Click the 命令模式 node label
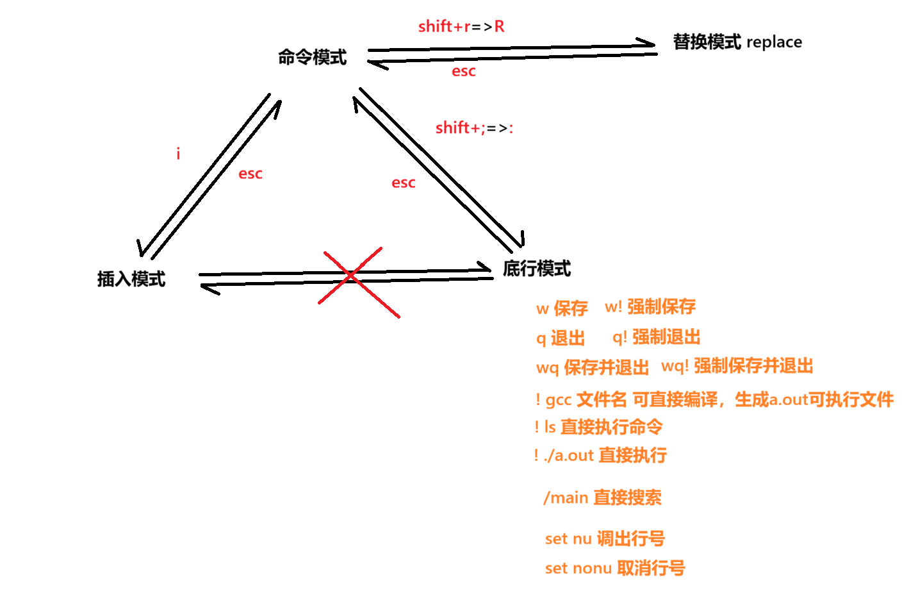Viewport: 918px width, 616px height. coord(312,57)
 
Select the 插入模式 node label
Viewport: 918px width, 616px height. coord(131,279)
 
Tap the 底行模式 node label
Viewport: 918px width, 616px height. coord(536,269)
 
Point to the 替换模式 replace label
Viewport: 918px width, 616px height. coord(737,42)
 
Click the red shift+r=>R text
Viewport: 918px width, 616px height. coord(461,26)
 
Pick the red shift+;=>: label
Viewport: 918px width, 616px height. coord(474,128)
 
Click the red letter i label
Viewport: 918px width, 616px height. coord(178,154)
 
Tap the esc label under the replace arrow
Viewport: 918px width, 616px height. coord(463,71)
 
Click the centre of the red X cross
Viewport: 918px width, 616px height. coord(351,276)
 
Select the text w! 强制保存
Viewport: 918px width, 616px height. coord(650,306)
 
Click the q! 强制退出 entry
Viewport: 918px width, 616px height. coord(656,337)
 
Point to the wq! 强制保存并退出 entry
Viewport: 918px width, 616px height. coord(737,366)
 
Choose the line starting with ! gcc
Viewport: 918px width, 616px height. coord(714,399)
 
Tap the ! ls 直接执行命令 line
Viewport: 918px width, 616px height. coord(598,426)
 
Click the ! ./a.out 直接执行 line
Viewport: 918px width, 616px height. coord(600,455)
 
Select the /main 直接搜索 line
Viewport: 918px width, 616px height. coord(602,497)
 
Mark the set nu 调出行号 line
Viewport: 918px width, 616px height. coord(604,538)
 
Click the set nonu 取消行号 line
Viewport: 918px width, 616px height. coord(614,568)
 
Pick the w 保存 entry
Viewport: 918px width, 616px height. coord(561,308)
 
